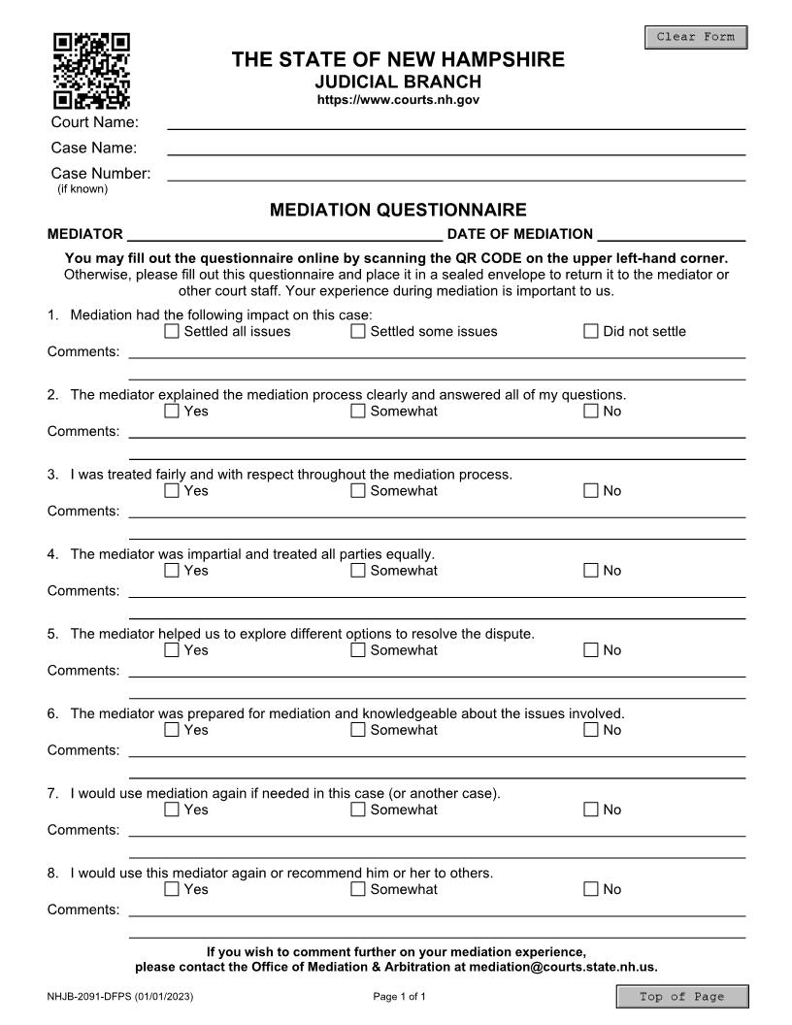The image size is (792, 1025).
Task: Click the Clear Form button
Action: pos(696,38)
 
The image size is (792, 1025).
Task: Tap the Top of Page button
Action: pos(682,997)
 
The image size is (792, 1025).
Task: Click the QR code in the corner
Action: pos(90,71)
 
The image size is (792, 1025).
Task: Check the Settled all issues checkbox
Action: pos(172,332)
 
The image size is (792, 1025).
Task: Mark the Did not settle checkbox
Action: pos(591,332)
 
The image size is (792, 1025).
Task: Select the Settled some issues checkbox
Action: pos(358,332)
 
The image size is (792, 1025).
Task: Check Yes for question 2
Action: pos(172,412)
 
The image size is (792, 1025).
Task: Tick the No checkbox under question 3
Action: pos(591,491)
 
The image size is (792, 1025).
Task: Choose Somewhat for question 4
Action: pos(358,571)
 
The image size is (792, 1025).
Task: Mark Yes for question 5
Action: pos(172,650)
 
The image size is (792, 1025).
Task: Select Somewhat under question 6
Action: pos(358,730)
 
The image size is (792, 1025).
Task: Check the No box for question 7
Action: pos(591,810)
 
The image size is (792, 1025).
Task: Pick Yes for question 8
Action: pos(172,889)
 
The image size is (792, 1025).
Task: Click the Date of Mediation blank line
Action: pos(672,233)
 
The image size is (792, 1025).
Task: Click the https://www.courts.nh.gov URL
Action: pos(398,100)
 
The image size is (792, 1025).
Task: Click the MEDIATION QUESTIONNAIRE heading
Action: pos(398,210)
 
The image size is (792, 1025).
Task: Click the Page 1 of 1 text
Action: pos(399,997)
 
